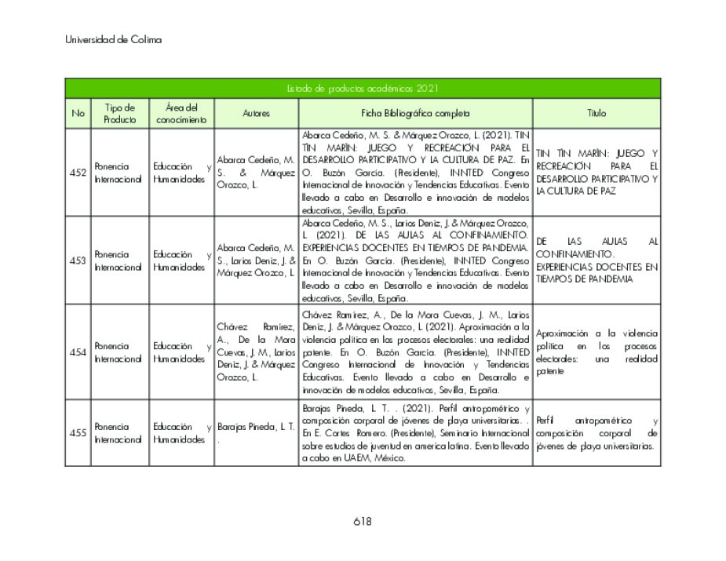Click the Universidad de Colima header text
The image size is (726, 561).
pyautogui.click(x=113, y=40)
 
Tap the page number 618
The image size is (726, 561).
pyautogui.click(x=362, y=522)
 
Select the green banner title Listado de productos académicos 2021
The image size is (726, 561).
pyautogui.click(x=362, y=89)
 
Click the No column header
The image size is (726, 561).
pyautogui.click(x=78, y=113)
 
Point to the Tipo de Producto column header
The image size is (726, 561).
pyautogui.click(x=119, y=113)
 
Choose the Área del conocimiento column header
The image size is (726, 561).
pyautogui.click(x=181, y=113)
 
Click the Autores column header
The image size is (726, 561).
pyautogui.click(x=256, y=113)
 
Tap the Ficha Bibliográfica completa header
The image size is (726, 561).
pyautogui.click(x=415, y=113)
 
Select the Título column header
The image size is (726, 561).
pyautogui.click(x=596, y=113)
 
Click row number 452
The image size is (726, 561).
pyautogui.click(x=78, y=173)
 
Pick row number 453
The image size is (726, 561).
pyautogui.click(x=78, y=260)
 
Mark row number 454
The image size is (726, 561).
pyautogui.click(x=78, y=352)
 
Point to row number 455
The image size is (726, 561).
pyautogui.click(x=78, y=433)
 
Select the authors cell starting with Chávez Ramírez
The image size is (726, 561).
pyautogui.click(x=256, y=352)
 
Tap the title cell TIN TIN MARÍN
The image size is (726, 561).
pyautogui.click(x=596, y=172)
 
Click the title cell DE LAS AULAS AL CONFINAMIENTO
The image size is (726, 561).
pyautogui.click(x=596, y=260)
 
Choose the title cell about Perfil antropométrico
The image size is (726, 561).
pyautogui.click(x=596, y=433)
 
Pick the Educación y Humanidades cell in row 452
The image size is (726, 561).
pyautogui.click(x=181, y=173)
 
